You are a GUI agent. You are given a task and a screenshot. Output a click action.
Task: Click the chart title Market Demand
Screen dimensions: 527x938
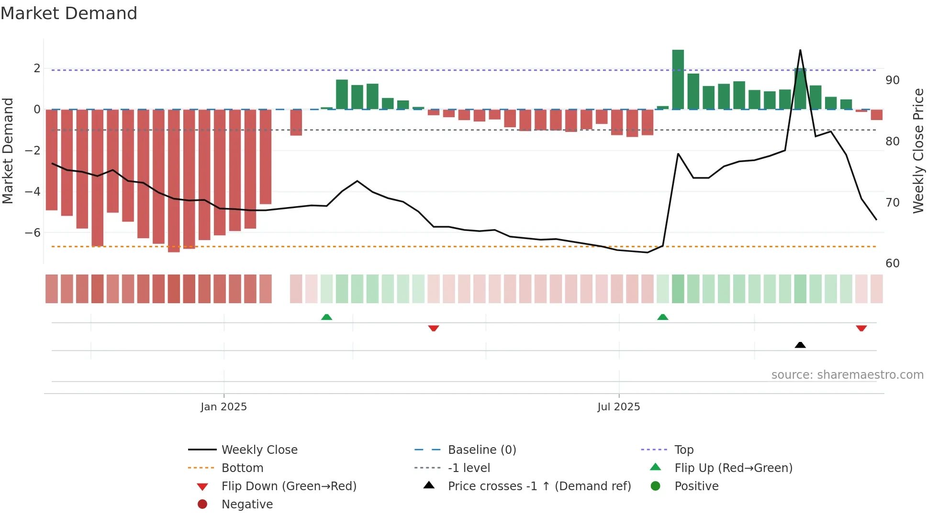[x=69, y=13]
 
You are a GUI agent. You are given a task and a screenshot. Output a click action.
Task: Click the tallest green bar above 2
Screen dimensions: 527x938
[x=678, y=79]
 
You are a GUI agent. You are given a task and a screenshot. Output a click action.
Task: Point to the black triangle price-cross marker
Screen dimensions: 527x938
[x=800, y=345]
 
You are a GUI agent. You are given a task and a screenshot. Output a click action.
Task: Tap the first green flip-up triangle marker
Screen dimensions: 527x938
[x=326, y=317]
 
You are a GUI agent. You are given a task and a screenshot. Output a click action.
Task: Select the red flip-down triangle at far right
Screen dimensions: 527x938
[x=861, y=328]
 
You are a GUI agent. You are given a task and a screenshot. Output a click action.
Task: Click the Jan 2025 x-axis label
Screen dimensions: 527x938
[x=223, y=406]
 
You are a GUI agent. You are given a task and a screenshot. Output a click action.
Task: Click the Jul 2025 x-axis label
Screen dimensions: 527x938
[x=618, y=406]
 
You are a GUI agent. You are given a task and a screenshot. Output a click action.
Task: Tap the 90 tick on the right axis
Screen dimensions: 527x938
[x=892, y=80]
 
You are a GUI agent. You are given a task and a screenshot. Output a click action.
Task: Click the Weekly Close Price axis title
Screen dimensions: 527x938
[x=918, y=151]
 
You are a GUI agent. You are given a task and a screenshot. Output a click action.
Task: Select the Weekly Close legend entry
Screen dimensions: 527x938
[x=259, y=450]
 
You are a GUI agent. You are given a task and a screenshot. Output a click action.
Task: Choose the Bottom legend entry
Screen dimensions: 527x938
[x=242, y=468]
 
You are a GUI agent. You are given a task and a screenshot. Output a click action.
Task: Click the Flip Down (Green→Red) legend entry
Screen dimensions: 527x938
[x=289, y=486]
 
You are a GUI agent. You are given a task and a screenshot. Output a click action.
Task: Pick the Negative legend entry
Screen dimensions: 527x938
[x=247, y=504]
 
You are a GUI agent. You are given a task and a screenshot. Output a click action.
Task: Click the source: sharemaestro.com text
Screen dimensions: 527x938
[x=847, y=374]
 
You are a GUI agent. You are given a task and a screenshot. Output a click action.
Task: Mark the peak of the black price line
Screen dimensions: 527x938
[x=800, y=50]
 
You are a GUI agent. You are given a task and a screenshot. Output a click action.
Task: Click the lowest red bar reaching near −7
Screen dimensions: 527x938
[x=174, y=181]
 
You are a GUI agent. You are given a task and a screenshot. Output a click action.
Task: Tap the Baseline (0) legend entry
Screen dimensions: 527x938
[x=481, y=450]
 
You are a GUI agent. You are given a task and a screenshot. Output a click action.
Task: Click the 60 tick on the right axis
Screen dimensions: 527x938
[x=892, y=263]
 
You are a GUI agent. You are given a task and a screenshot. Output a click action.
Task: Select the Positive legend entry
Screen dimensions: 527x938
[x=696, y=486]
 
